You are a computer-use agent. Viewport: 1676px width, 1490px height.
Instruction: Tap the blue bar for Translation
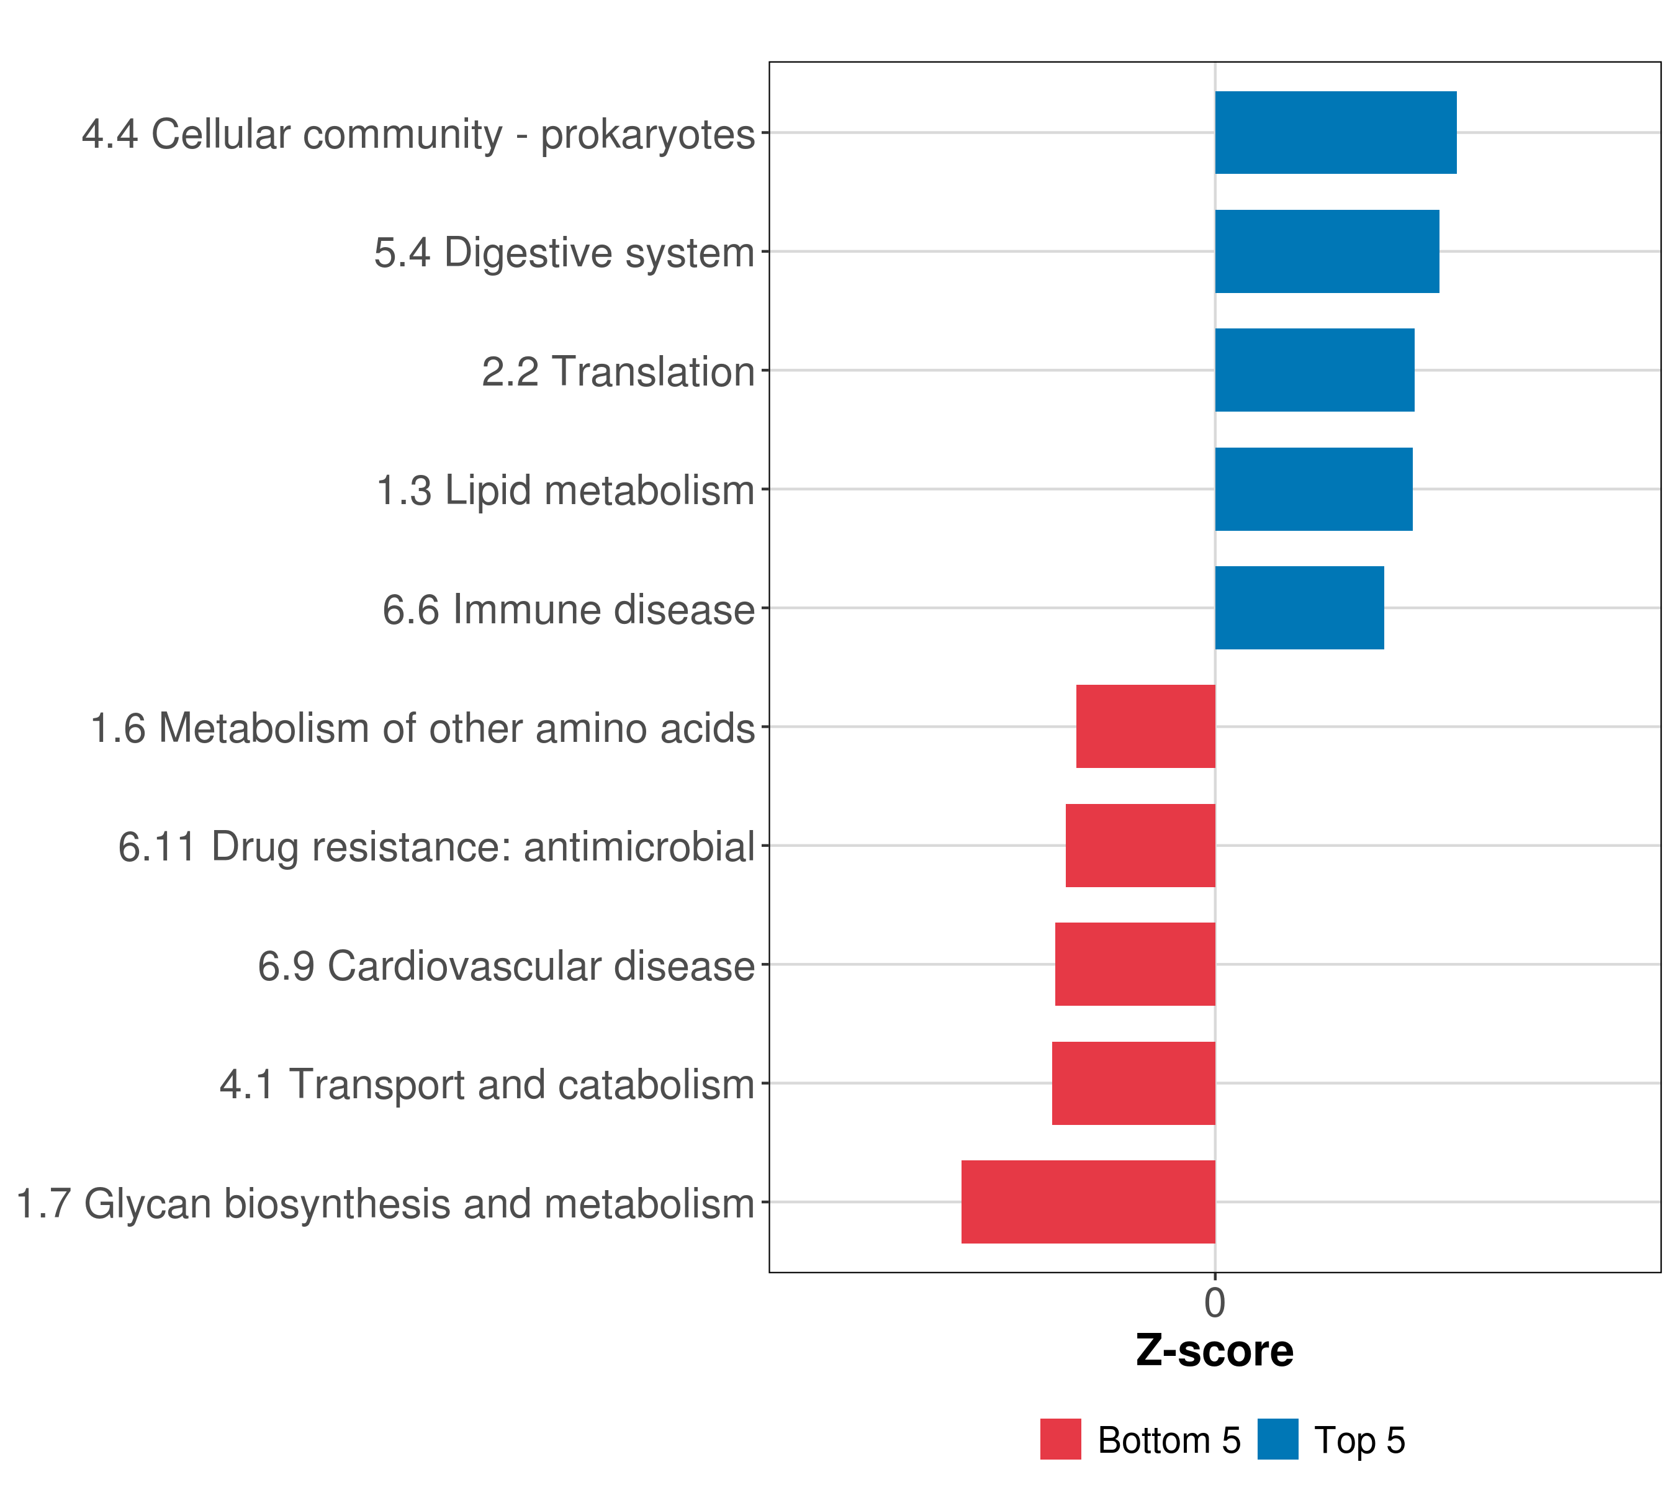pyautogui.click(x=1313, y=370)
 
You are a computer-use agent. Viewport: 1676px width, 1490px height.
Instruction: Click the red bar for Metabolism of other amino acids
pyautogui.click(x=1145, y=726)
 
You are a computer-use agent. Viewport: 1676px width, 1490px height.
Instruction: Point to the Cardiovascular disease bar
pyautogui.click(x=1134, y=964)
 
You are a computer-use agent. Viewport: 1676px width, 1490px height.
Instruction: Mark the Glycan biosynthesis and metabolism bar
pyautogui.click(x=1088, y=1201)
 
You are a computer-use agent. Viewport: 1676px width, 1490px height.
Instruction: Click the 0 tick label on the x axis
pyautogui.click(x=1214, y=1303)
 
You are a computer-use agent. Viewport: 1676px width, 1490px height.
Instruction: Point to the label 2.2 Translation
pyautogui.click(x=618, y=371)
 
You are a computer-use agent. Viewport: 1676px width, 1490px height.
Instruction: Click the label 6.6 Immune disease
pyautogui.click(x=567, y=609)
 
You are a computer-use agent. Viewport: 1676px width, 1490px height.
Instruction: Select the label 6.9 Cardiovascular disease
pyautogui.click(x=505, y=966)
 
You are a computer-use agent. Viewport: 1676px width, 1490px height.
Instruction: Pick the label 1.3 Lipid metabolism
pyautogui.click(x=565, y=490)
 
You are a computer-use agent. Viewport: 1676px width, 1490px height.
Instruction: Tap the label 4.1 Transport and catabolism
pyautogui.click(x=486, y=1084)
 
